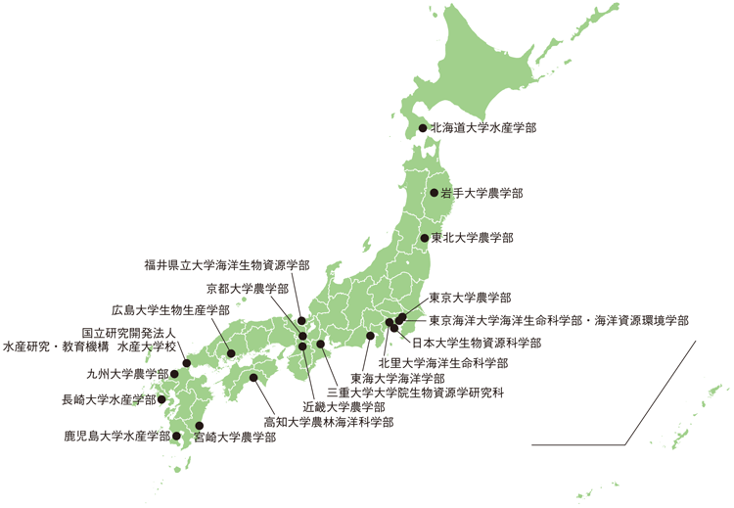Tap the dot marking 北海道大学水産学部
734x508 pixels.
[x=423, y=127]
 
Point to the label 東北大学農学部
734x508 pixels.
[x=473, y=238]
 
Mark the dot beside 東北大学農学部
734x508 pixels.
[x=424, y=238]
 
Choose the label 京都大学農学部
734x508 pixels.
[x=248, y=289]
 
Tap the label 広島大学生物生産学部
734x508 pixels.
[x=170, y=309]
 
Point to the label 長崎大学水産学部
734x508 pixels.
[x=109, y=399]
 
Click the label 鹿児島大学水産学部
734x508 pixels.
[x=117, y=436]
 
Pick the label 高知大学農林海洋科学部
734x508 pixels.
[x=329, y=422]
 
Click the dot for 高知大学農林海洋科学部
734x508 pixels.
[x=253, y=378]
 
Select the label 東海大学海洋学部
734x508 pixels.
[x=398, y=378]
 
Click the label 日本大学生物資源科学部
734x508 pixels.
[x=476, y=343]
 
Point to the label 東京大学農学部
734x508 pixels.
[x=470, y=298]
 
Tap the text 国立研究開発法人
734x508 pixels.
[x=128, y=333]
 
